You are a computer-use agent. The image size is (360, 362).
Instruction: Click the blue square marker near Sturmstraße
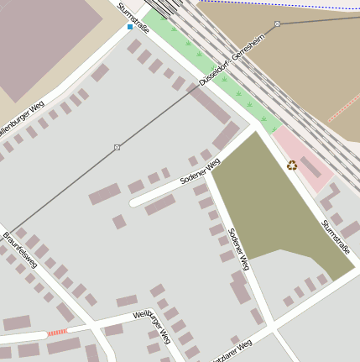(x=129, y=27)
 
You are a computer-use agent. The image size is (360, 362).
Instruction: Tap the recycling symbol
(x=292, y=165)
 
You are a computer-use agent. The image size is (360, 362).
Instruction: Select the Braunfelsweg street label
(x=19, y=249)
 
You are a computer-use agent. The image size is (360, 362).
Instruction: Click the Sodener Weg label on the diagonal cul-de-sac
(x=200, y=171)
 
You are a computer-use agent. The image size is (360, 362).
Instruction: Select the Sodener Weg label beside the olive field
(x=239, y=249)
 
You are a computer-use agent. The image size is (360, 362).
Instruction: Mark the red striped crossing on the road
(x=57, y=333)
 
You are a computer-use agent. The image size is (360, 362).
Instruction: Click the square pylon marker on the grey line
(x=117, y=148)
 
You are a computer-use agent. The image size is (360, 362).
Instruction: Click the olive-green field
(x=277, y=210)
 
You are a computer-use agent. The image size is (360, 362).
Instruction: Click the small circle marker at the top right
(x=277, y=24)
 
